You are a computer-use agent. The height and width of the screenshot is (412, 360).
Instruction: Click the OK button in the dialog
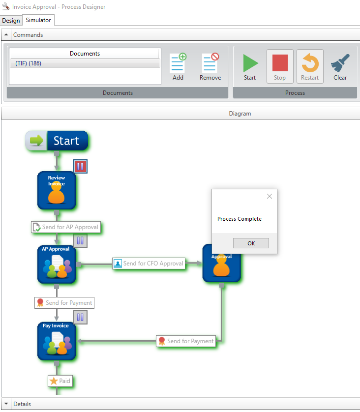pos(251,243)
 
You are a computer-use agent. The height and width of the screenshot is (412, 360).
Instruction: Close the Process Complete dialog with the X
pos(269,196)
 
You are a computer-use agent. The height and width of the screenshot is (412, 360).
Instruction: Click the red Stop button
pos(280,66)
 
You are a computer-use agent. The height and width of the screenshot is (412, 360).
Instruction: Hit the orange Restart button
pos(310,66)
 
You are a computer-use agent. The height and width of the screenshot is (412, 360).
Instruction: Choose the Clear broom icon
pos(340,66)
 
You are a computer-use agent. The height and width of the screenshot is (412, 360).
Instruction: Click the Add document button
pos(178,66)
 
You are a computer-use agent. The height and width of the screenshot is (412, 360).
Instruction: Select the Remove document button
pos(210,66)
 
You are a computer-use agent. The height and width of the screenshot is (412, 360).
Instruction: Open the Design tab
pos(11,21)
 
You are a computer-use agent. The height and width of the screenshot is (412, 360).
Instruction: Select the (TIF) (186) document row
pos(85,63)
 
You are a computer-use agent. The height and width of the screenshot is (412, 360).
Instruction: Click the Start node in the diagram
pos(57,141)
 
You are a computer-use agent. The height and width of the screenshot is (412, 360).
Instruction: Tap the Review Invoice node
pos(57,190)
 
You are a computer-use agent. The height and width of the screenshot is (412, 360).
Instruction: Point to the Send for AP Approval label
pos(65,227)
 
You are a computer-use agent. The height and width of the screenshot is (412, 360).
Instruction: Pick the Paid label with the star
pos(60,381)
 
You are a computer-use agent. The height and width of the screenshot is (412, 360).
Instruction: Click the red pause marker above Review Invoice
pos(80,166)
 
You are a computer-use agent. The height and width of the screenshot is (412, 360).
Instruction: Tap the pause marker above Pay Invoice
pos(80,317)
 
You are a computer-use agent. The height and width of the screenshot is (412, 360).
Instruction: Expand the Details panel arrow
pos(6,404)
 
